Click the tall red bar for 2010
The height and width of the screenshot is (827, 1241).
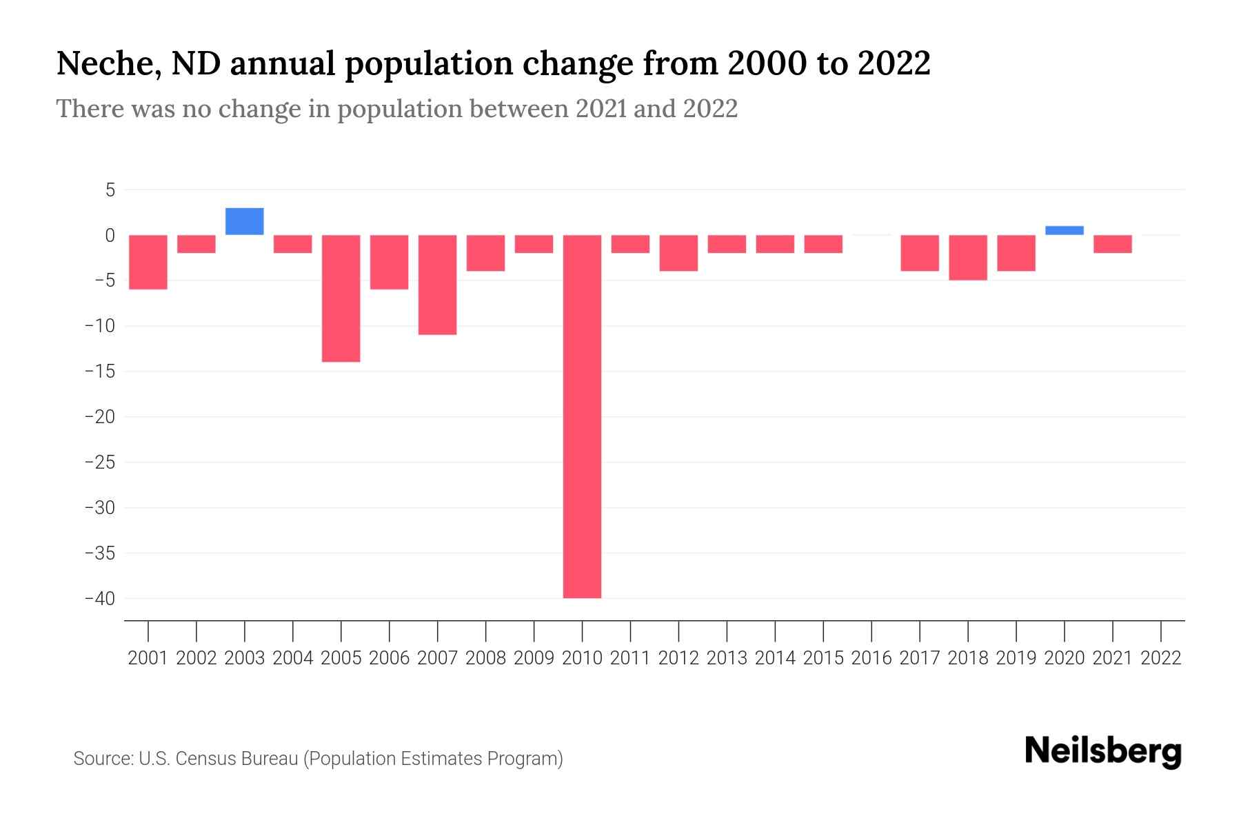click(582, 416)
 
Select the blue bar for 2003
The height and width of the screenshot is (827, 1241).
click(245, 221)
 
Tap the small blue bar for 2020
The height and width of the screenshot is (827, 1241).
click(1064, 231)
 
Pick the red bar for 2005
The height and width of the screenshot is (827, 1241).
click(341, 298)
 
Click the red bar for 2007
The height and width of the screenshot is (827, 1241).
click(438, 285)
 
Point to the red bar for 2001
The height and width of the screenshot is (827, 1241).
click(148, 262)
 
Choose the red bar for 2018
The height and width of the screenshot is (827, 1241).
click(968, 258)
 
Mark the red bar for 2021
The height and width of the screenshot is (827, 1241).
click(1112, 244)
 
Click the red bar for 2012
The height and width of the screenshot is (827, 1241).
click(678, 253)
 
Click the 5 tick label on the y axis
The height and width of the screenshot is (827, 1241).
click(110, 190)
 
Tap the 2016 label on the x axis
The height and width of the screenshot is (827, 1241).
click(871, 658)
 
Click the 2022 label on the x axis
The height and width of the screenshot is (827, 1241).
click(1161, 658)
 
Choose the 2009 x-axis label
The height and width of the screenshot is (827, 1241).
click(534, 658)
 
